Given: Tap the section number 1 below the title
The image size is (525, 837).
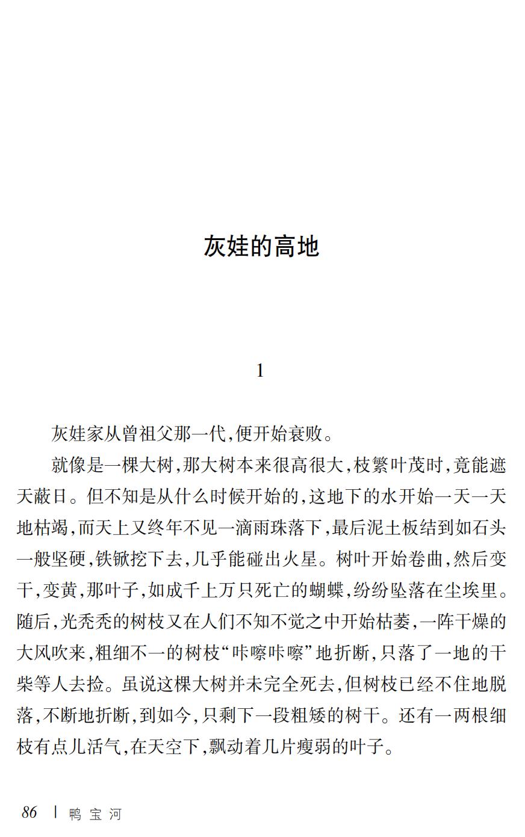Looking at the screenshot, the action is point(260,371).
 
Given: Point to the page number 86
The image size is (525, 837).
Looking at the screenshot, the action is point(30,813).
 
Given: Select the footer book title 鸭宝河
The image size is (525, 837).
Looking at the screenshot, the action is point(95,814).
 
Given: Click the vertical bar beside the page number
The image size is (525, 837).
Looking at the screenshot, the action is point(55,812).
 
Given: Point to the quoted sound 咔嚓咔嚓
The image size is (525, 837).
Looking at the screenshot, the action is point(253,654).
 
